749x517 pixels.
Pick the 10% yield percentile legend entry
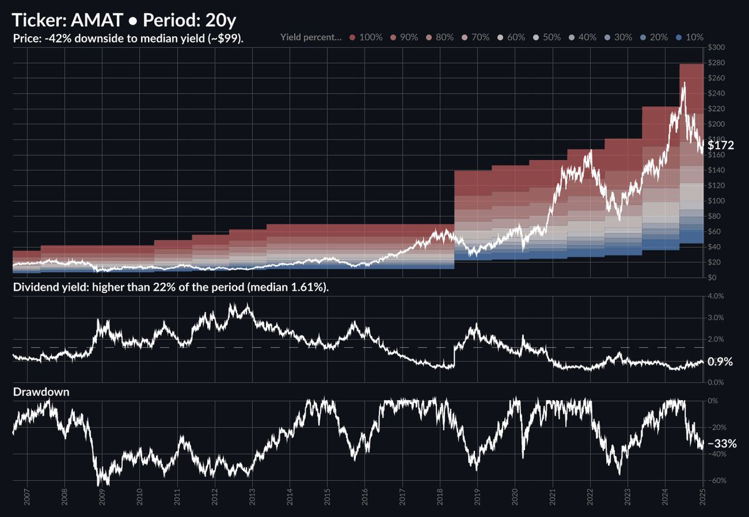tap(691, 37)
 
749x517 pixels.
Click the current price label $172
tap(721, 145)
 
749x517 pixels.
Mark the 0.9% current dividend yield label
tap(720, 362)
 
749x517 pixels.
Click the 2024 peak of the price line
tap(683, 83)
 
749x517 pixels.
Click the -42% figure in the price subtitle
tap(51, 38)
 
